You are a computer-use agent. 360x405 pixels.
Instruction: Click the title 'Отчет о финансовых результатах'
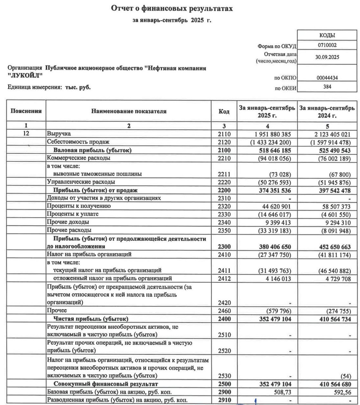172,8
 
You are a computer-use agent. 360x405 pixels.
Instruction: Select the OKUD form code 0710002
327,45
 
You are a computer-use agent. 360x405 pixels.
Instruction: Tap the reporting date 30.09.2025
327,57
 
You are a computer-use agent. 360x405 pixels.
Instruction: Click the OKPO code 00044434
327,78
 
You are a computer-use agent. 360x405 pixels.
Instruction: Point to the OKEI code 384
327,87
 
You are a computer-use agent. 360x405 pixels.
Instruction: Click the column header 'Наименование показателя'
129,111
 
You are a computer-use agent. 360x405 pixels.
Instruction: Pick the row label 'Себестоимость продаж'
78,142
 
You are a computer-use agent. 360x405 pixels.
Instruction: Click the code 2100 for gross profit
224,150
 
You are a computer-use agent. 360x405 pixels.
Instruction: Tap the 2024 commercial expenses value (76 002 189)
330,158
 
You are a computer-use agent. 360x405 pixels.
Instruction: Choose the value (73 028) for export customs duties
280,174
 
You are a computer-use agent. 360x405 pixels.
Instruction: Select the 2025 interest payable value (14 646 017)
271,215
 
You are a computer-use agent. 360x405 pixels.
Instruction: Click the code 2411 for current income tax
224,271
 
